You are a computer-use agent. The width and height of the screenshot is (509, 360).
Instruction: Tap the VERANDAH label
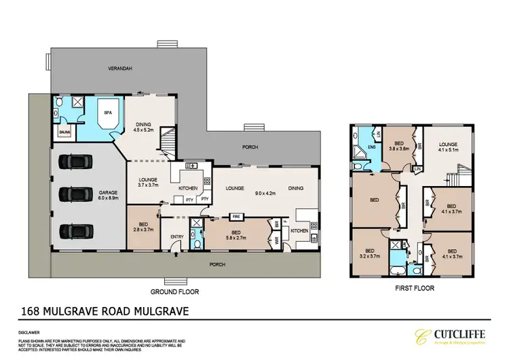119,69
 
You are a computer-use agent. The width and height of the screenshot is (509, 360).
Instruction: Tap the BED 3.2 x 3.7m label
370,252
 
